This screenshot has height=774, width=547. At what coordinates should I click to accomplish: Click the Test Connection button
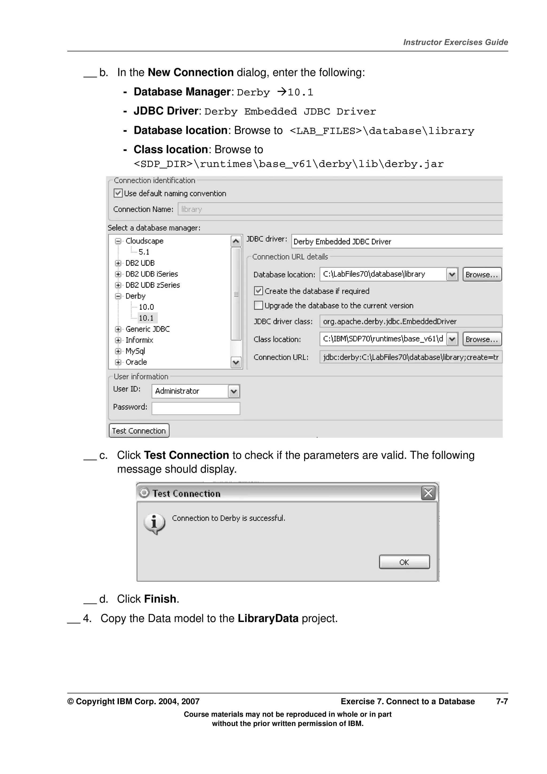tap(139, 431)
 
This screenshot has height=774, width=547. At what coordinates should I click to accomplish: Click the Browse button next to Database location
tap(482, 274)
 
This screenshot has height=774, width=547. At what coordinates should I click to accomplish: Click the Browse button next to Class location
tap(482, 339)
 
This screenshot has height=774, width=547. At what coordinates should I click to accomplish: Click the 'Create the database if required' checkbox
tap(258, 291)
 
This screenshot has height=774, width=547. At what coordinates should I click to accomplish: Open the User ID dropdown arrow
tap(234, 391)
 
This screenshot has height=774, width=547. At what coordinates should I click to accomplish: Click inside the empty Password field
tap(196, 408)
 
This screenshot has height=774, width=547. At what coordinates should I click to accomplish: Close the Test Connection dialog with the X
tap(428, 493)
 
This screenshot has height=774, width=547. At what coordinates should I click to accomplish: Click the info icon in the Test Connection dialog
tap(154, 523)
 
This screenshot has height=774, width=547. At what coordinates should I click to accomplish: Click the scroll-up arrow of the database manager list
tap(236, 241)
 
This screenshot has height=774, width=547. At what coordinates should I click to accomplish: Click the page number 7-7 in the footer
tap(502, 701)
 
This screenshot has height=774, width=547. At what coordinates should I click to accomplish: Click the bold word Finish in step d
tap(160, 599)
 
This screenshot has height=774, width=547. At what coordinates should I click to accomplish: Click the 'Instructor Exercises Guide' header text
tap(455, 42)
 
